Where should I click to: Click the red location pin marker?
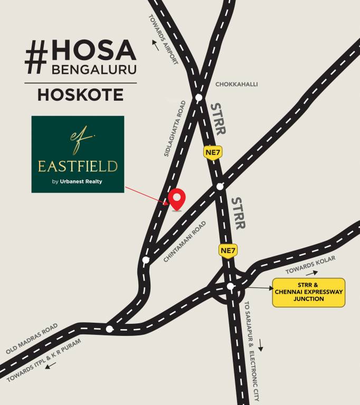coord(177,198)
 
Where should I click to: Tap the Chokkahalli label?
coord(236,84)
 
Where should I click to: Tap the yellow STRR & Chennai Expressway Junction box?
coord(308,293)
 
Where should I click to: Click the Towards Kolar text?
coord(303,267)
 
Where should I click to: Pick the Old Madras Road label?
coord(32,339)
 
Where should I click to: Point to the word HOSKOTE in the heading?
coord(80,95)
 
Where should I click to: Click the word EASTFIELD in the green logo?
coord(78,167)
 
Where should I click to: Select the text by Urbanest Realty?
coord(77,182)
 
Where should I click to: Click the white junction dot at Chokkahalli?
coord(199,98)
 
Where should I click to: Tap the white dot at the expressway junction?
coord(230,286)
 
